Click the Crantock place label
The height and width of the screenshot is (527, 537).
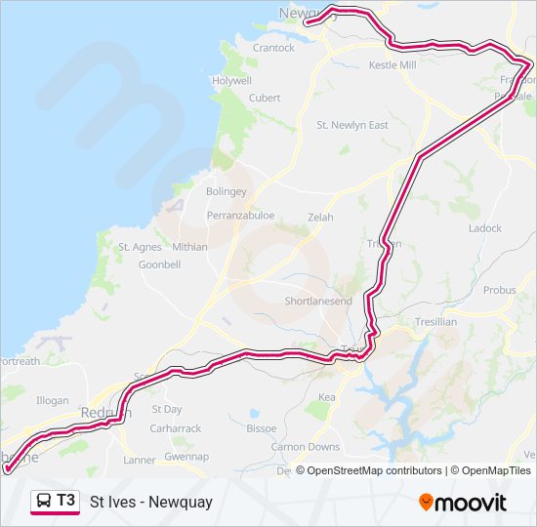coord(273,48)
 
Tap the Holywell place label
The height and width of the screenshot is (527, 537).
coord(231,81)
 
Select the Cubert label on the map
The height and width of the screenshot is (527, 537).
coord(265,98)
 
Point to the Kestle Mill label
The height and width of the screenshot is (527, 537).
coord(392,65)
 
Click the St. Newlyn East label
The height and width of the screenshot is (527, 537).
coord(352,125)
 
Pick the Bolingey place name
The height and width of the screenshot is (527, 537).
coord(227,192)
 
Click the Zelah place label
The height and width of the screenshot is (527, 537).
coord(320,217)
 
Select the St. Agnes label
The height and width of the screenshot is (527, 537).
coord(140,248)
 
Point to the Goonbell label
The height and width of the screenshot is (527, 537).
coord(160,264)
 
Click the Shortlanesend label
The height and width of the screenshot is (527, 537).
coord(318,302)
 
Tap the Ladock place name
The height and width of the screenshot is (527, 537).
coord(484,228)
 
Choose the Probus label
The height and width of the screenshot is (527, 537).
coord(499,291)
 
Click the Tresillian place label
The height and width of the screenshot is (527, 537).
coord(434,322)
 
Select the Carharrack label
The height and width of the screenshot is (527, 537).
coord(176,428)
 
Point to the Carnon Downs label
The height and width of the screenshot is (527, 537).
coord(306,447)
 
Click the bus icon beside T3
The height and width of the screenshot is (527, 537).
coord(45,502)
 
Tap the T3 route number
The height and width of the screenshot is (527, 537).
coord(65,501)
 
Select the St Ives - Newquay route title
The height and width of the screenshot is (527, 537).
coord(150,503)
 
